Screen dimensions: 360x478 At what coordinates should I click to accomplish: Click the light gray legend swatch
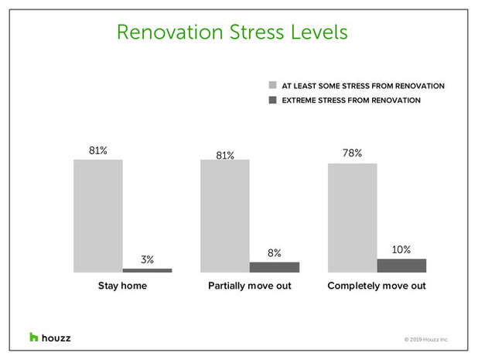pos(271,85)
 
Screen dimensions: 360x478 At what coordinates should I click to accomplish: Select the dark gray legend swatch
pos(271,100)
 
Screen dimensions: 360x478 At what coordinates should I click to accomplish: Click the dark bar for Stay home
pos(147,269)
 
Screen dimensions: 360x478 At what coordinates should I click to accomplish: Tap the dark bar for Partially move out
pos(274,266)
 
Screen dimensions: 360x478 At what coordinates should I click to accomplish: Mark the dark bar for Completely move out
pos(401,265)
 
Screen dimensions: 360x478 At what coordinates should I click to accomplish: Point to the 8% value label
pos(274,252)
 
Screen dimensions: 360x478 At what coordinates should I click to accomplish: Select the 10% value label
pos(401,249)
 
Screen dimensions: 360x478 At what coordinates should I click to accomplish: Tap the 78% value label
pos(352,153)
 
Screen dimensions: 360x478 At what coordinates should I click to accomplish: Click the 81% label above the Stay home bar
pos(98,149)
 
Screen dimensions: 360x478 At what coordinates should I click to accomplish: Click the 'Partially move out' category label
pos(249,286)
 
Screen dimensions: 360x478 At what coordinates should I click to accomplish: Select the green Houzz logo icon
pos(34,337)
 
